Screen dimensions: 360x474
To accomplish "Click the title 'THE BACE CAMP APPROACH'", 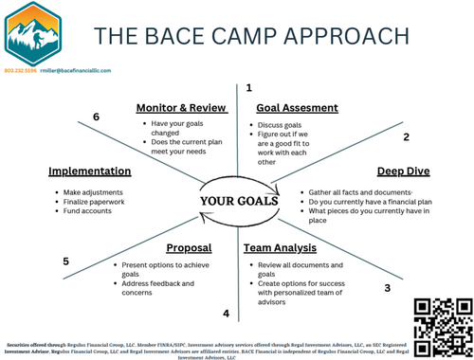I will coord(251,35).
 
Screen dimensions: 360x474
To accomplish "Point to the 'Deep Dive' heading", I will coord(404,171).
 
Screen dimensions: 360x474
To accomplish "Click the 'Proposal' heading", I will coord(189,248).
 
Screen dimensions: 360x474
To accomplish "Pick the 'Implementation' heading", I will coord(90,171).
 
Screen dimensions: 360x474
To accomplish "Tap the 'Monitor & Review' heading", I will coord(182,108).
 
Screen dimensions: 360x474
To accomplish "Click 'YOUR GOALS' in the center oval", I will coord(239,201).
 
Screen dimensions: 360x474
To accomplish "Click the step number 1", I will coord(248,87).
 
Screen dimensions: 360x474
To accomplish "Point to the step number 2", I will coord(406,137).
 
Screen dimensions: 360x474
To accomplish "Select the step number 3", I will coord(386,288).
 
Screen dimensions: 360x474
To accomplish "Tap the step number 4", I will coord(226,314).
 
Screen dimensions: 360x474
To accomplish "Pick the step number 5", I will coord(65,261).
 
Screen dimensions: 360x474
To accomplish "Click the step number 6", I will coord(96,117).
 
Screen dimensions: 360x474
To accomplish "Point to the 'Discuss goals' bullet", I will coord(284,124).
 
